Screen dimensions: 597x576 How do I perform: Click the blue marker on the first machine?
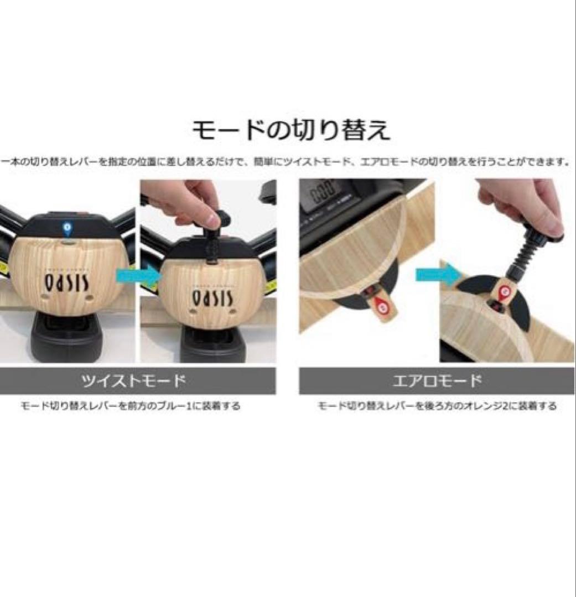point(67,226)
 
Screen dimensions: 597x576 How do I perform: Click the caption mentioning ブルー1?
point(131,406)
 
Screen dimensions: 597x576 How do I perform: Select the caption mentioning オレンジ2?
point(437,406)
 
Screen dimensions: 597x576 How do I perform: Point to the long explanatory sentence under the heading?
point(288,162)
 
